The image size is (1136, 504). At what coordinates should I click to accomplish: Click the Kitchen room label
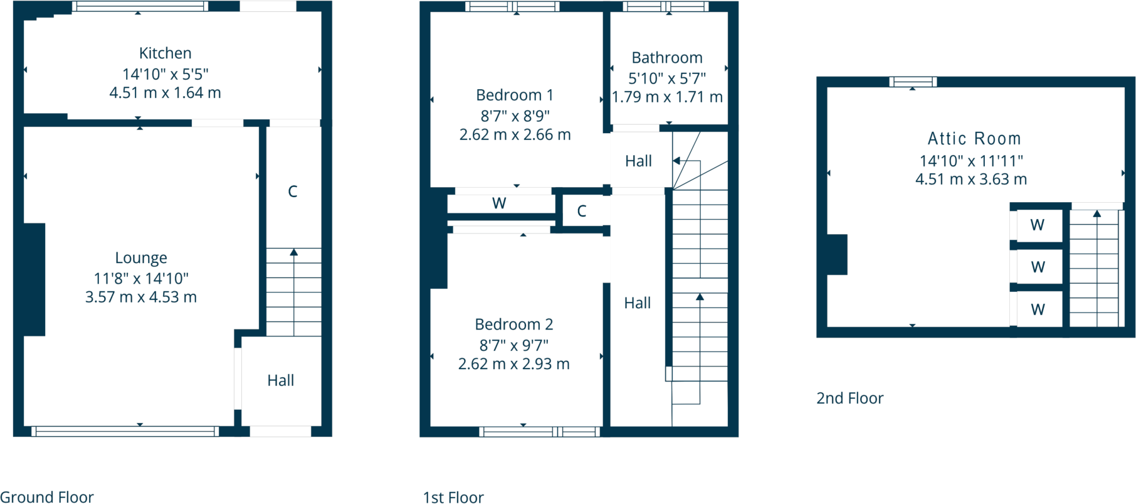click(165, 53)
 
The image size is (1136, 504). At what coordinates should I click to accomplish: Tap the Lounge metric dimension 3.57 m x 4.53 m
click(141, 297)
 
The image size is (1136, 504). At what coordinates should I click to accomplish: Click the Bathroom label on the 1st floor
click(667, 58)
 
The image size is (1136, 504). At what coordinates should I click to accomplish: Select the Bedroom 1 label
click(515, 95)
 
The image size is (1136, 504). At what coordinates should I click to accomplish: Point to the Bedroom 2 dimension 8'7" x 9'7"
click(514, 345)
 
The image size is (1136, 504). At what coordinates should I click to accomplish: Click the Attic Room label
click(974, 139)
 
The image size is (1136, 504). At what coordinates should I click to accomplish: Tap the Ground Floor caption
click(47, 496)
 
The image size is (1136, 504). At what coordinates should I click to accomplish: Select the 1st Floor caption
click(453, 497)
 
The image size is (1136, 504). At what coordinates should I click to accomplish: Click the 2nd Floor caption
click(849, 398)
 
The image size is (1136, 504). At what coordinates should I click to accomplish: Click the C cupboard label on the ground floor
click(292, 191)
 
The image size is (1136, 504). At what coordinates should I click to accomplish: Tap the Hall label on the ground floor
click(280, 380)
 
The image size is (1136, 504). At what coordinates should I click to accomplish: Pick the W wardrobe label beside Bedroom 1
click(499, 203)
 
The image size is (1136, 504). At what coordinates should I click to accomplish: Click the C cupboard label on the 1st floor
click(582, 211)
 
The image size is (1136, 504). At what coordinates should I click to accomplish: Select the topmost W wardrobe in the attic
click(1038, 225)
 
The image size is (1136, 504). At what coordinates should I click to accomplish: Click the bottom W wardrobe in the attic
click(1038, 309)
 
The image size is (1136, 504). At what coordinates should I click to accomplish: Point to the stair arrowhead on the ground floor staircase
click(293, 252)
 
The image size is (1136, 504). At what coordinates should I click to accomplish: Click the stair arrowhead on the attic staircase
click(1097, 214)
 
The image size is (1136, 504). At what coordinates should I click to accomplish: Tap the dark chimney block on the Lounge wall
click(34, 279)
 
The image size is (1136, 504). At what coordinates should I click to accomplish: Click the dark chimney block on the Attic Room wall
click(837, 254)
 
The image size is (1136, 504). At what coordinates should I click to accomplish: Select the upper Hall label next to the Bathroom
click(638, 161)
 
